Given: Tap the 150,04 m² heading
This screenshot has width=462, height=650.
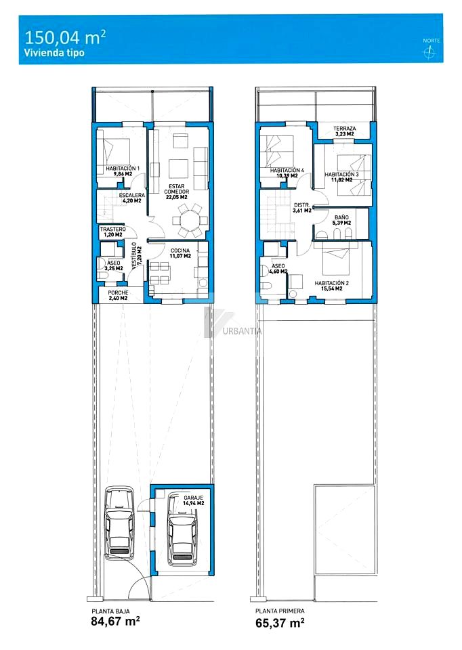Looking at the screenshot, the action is coord(65,37).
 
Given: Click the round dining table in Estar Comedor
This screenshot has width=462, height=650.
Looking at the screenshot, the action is coord(189,219).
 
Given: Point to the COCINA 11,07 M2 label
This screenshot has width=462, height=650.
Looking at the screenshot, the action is coord(180,253).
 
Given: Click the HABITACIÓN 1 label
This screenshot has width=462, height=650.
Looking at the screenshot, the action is coord(123,169).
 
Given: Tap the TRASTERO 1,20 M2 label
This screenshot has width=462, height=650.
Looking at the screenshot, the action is coord(113,232).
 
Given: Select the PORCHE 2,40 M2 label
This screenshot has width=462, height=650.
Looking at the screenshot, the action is coord(118,295).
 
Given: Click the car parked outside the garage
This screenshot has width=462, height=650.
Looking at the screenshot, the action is coord(119,522).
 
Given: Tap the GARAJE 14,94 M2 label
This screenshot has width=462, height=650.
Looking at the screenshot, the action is coord(194,500).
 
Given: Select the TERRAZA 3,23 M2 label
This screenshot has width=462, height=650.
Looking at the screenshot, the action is coord(345,131).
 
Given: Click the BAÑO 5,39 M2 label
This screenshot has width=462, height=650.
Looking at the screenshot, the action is coord(341,220).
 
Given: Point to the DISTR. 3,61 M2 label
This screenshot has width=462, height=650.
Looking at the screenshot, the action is coord(302,208).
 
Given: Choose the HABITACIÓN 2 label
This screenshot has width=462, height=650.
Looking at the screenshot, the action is coord(332,286).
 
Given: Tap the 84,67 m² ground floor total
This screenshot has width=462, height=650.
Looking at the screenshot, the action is coord(115,621).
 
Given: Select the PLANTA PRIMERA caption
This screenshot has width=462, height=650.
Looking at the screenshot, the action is coord(280,611).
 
